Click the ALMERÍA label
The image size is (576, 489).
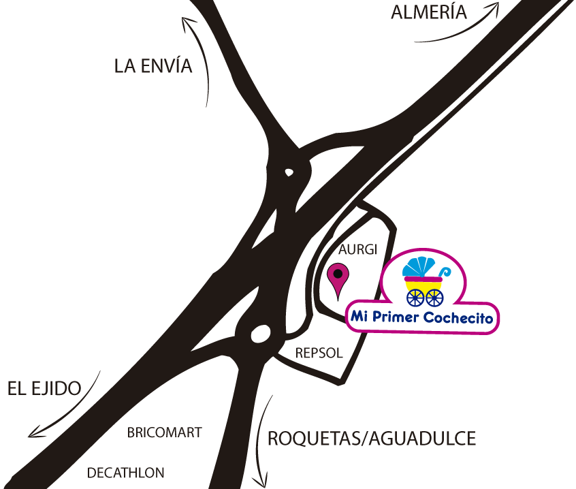pyautogui.click(x=429, y=12)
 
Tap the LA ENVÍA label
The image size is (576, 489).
pyautogui.click(x=153, y=66)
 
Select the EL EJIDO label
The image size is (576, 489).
pyautogui.click(x=44, y=388)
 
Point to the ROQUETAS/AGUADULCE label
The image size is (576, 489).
pyautogui.click(x=372, y=438)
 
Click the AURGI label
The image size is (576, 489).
pyautogui.click(x=357, y=249)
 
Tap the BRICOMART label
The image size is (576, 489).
pyautogui.click(x=165, y=432)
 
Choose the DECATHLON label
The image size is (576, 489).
pyautogui.click(x=126, y=472)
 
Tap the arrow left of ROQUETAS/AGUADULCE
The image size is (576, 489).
pyautogui.click(x=261, y=443)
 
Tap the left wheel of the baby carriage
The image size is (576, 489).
pyautogui.click(x=415, y=298)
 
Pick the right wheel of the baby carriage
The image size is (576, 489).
pyautogui.click(x=434, y=298)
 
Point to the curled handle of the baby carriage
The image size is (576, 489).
pyautogui.click(x=444, y=272)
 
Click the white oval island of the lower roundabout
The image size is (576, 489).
pyautogui.click(x=259, y=334)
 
